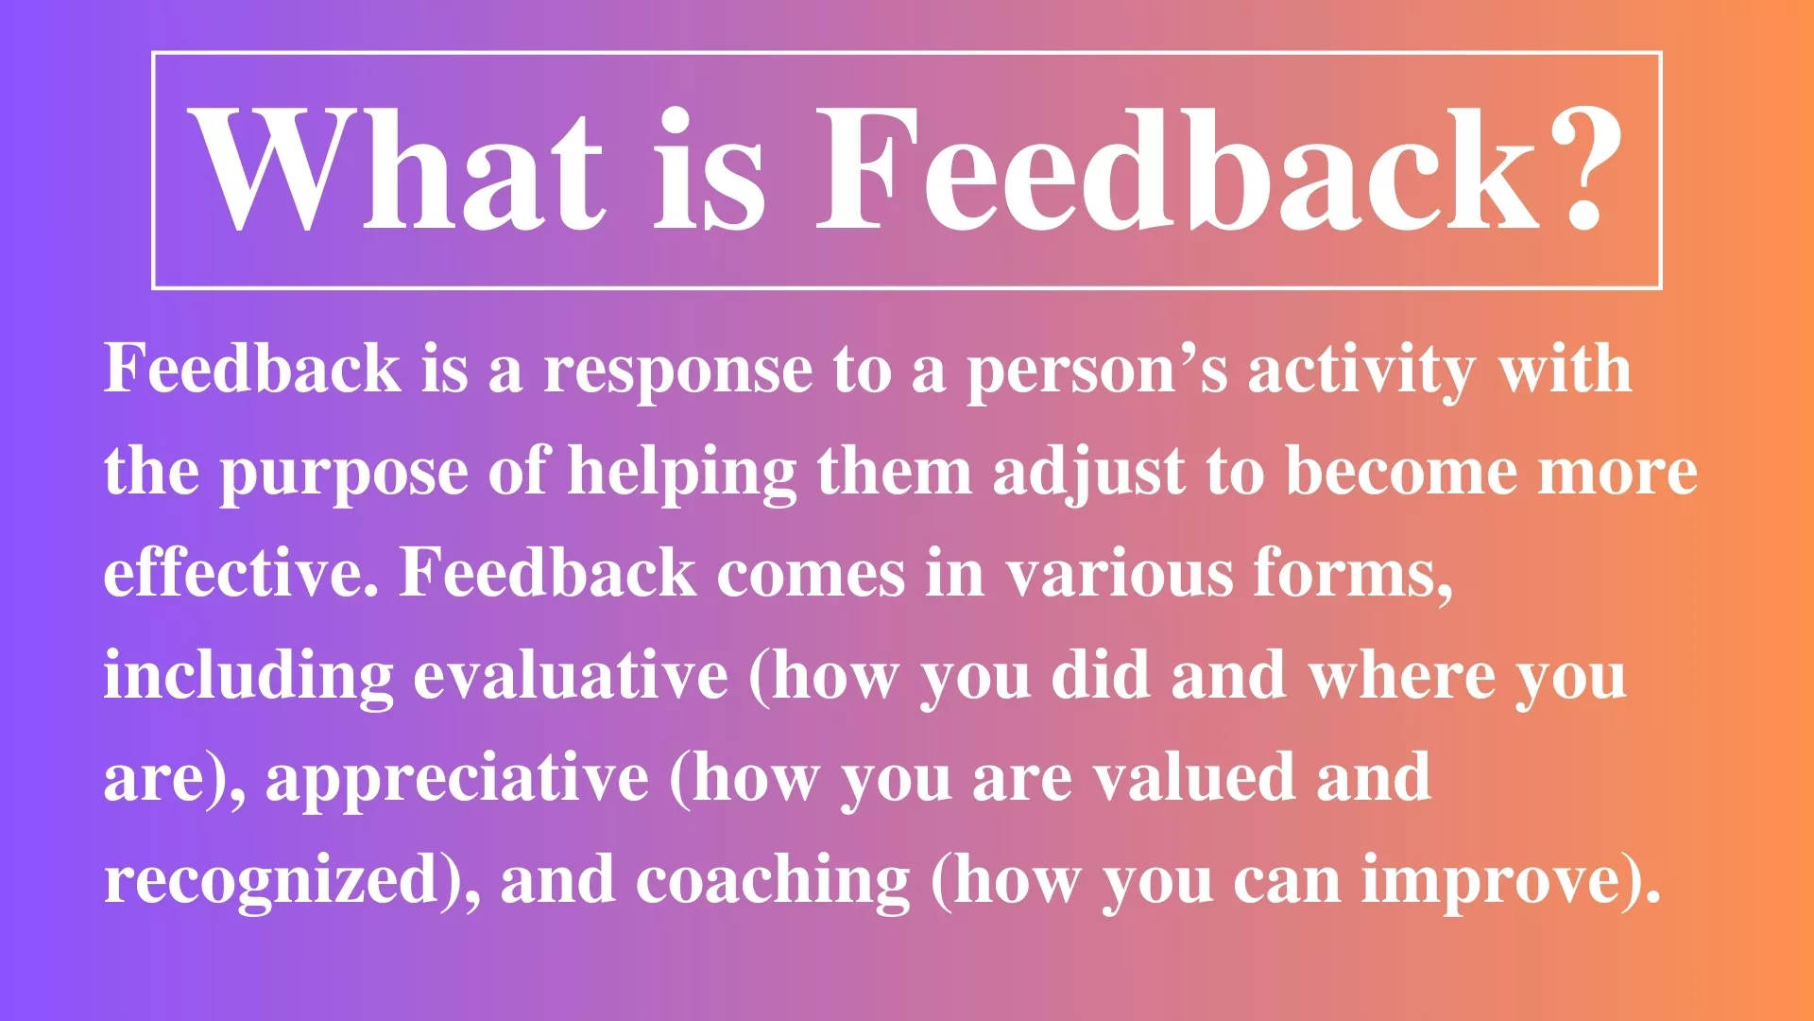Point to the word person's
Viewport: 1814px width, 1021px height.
[x=1097, y=372]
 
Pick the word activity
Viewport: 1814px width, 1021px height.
[x=1361, y=372]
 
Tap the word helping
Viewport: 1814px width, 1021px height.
[x=682, y=474]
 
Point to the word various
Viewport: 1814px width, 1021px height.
[x=1119, y=574]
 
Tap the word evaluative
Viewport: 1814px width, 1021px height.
[x=571, y=675]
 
